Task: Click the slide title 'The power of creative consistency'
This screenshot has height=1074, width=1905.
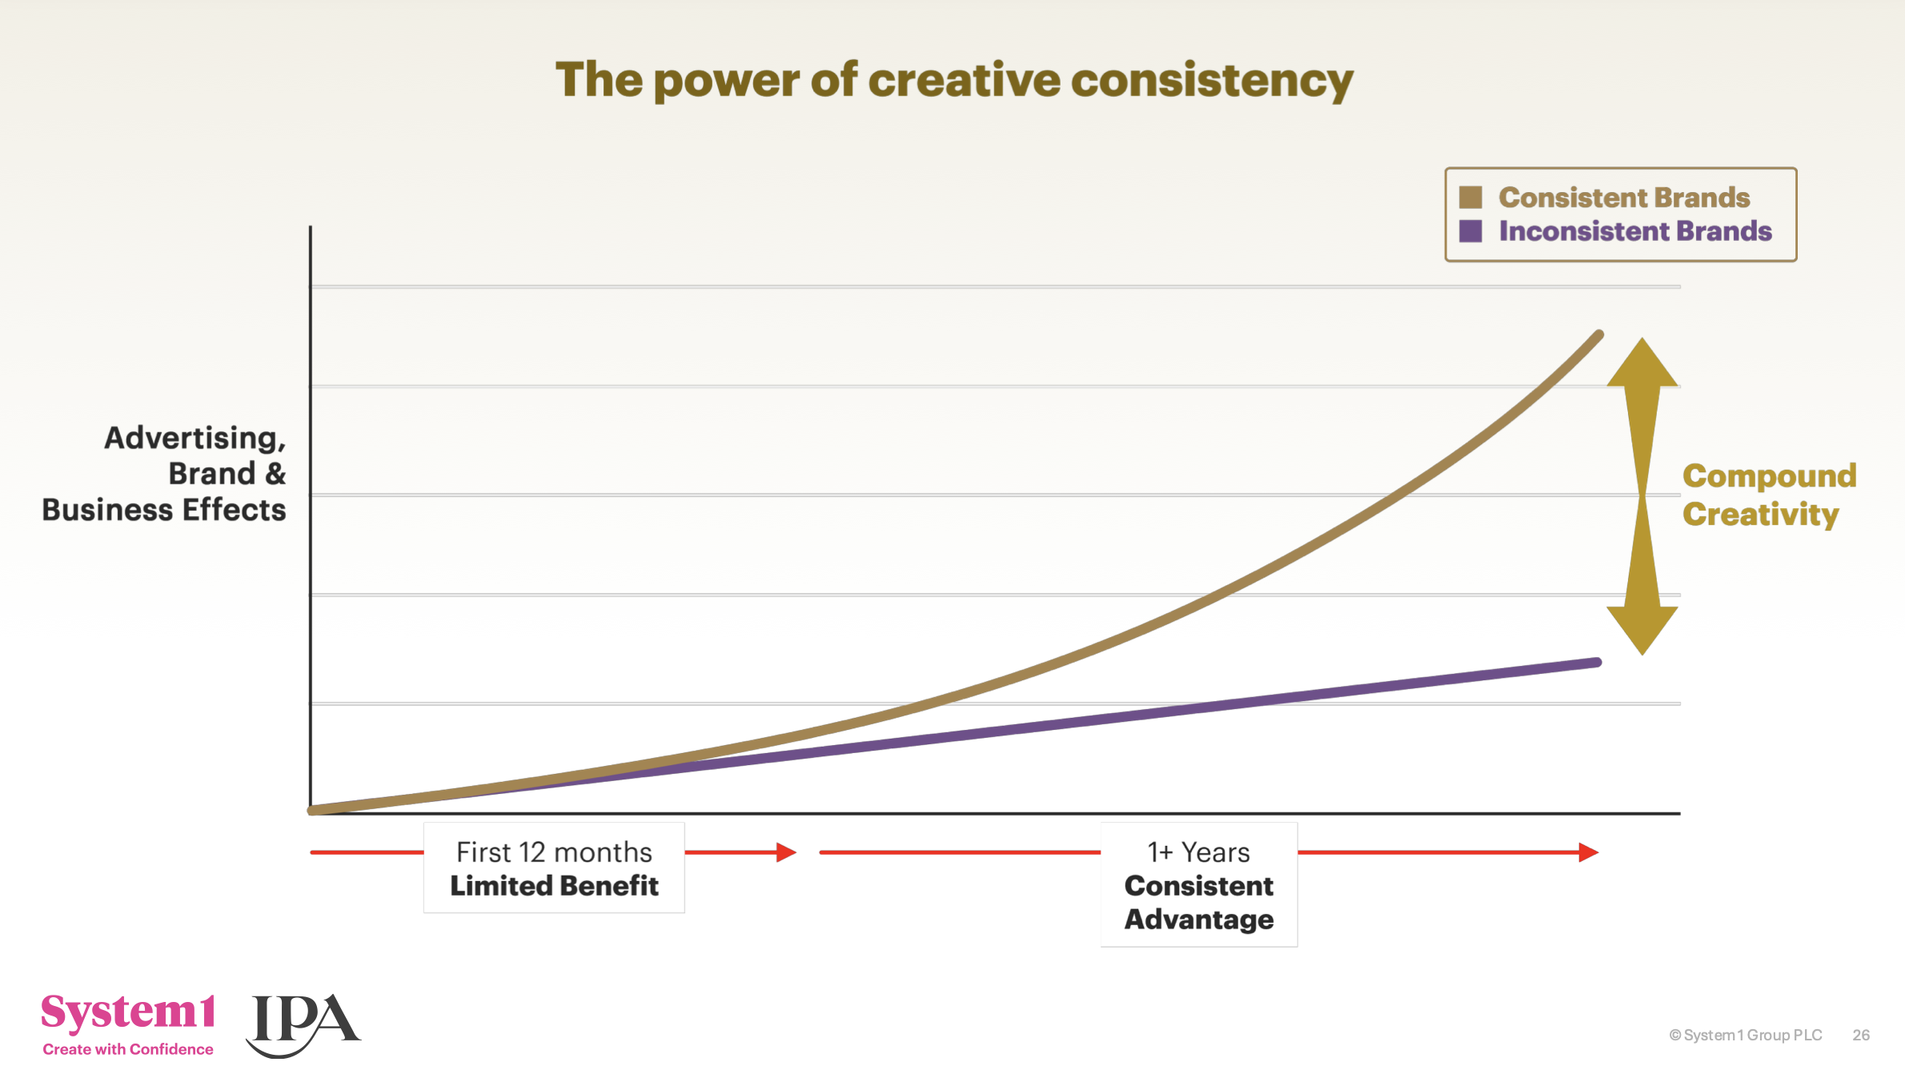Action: tap(954, 80)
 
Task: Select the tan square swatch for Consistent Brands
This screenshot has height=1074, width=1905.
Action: tap(1470, 197)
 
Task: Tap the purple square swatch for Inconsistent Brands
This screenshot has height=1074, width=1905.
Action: tap(1470, 231)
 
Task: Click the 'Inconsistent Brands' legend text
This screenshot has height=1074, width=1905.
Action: tap(1634, 231)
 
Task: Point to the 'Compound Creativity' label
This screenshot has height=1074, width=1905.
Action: tap(1768, 495)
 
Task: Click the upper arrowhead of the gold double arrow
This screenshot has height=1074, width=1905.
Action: tap(1642, 364)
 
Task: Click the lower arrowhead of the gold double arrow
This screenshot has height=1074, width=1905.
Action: tap(1642, 628)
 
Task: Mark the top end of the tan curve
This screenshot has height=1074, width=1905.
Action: tap(1598, 335)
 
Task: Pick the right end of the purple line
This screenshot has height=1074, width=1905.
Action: tap(1596, 663)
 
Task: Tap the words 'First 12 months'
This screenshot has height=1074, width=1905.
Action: tap(554, 852)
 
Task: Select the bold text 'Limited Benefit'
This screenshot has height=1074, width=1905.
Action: tap(554, 886)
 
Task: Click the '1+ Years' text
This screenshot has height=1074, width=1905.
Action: tap(1198, 852)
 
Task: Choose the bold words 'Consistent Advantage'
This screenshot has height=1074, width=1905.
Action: tap(1198, 903)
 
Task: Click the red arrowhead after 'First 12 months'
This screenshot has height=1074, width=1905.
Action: tap(786, 852)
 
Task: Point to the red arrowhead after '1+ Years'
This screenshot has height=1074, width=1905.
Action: tap(1588, 852)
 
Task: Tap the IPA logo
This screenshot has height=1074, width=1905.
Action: tap(304, 1023)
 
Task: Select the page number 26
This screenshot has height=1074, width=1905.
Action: tap(1861, 1035)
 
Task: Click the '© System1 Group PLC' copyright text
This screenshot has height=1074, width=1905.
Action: tap(1745, 1035)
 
